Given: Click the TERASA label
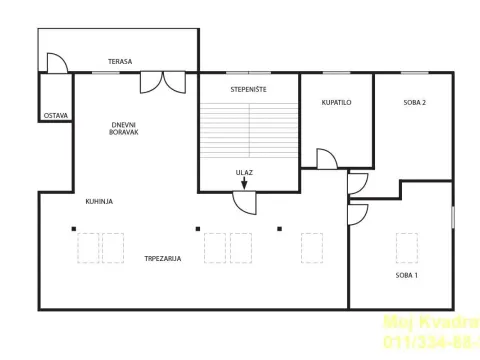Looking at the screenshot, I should click(121, 62).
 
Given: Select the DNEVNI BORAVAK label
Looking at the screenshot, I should click(124, 128).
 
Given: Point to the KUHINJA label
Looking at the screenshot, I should click(99, 201).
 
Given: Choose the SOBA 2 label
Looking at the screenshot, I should click(415, 103).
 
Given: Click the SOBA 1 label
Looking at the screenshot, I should click(407, 274).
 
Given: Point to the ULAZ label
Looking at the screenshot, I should click(244, 172).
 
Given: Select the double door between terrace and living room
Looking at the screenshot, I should click(163, 82).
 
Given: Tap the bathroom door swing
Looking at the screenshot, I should click(326, 160).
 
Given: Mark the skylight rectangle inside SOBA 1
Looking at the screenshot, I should click(406, 247).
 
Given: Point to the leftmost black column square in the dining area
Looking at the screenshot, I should click(73, 228).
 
